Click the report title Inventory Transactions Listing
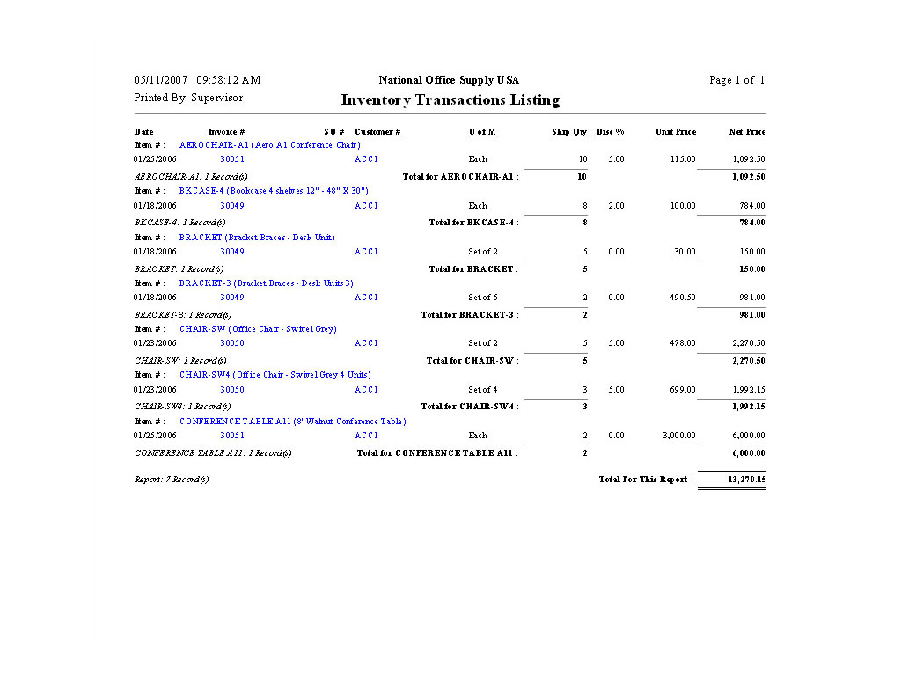(x=450, y=100)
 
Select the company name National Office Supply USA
(x=449, y=80)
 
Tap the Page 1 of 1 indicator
(x=736, y=80)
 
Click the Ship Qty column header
(x=569, y=132)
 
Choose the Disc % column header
(x=610, y=132)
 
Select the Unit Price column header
(x=675, y=132)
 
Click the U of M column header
(x=482, y=132)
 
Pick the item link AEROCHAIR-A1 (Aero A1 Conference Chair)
(x=269, y=145)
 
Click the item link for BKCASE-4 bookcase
(x=273, y=191)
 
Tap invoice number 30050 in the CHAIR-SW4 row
(x=232, y=390)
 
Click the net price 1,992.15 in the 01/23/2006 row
(x=748, y=390)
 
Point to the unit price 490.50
(x=682, y=298)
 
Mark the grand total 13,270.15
(x=746, y=480)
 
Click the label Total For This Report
(x=645, y=480)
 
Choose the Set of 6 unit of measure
(x=482, y=298)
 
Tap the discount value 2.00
(x=616, y=206)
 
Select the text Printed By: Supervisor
(x=188, y=98)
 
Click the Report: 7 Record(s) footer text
(x=172, y=480)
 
